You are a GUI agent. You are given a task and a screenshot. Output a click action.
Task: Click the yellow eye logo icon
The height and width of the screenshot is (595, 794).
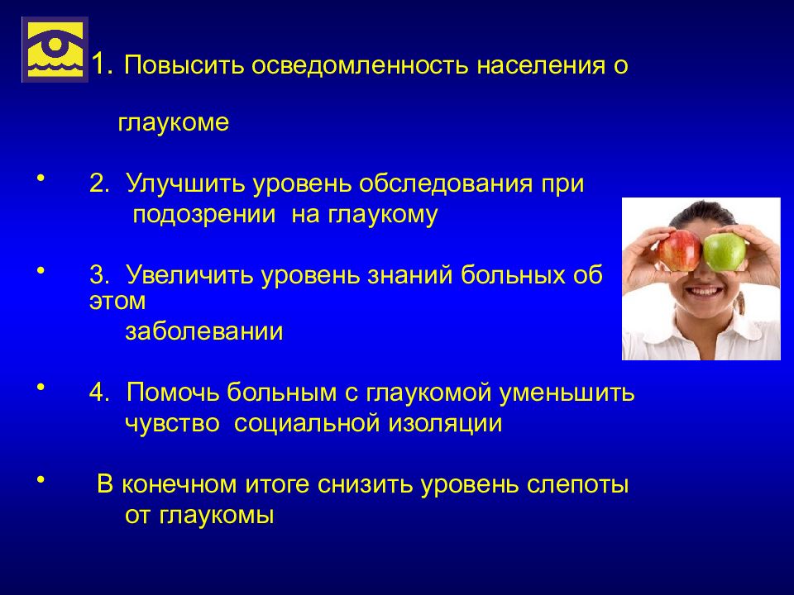[55, 50]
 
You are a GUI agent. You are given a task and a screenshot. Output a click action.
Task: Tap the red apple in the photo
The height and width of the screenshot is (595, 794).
[681, 250]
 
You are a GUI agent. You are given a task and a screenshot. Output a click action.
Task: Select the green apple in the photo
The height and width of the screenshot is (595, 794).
[725, 251]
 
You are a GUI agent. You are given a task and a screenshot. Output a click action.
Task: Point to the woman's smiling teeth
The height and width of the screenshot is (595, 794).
[703, 293]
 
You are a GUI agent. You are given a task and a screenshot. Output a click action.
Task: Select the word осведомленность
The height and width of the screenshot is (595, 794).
[360, 65]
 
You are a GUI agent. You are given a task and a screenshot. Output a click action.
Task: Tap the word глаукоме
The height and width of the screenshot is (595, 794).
[173, 122]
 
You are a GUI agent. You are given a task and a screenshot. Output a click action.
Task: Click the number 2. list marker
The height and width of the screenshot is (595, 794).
[99, 183]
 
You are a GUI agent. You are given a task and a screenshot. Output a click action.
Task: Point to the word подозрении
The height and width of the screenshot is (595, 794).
[204, 215]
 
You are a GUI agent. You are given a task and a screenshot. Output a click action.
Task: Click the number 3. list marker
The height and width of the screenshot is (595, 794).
[99, 274]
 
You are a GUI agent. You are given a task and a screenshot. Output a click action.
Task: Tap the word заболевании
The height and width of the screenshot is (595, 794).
[204, 332]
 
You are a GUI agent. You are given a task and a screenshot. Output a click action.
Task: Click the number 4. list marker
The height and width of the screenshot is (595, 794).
[99, 392]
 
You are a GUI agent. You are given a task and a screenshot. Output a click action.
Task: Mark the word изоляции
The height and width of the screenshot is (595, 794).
[445, 424]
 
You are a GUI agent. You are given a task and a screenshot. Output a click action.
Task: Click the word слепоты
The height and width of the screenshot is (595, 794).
[578, 485]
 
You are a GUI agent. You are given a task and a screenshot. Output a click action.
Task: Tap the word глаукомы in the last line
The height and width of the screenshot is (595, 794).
[216, 516]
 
